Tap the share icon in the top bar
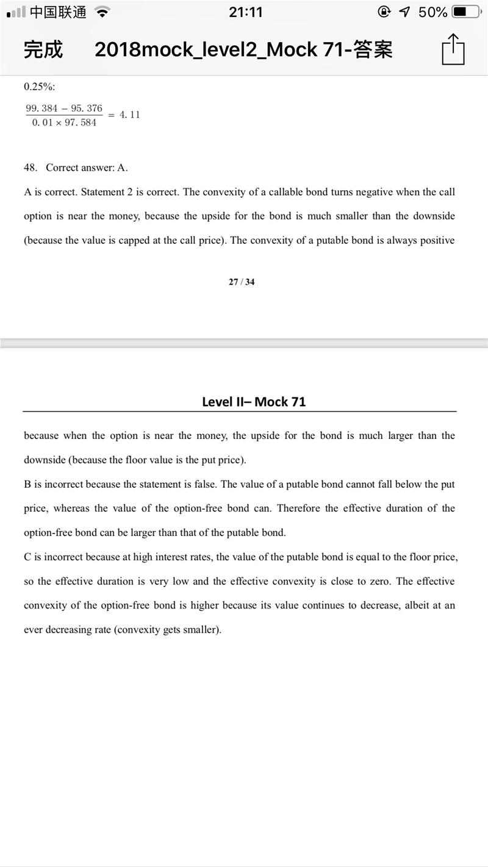[453, 49]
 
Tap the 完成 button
[43, 49]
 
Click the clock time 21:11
[245, 12]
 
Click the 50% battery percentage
[432, 12]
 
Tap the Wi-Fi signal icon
[102, 12]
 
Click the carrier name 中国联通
[58, 12]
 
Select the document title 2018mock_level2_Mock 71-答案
[243, 49]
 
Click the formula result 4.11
[129, 115]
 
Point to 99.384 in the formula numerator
[41, 109]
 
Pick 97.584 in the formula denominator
[81, 123]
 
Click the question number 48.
[30, 168]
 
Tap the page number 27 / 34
[242, 282]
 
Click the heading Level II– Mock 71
[254, 402]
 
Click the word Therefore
[298, 508]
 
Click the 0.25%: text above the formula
[40, 87]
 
